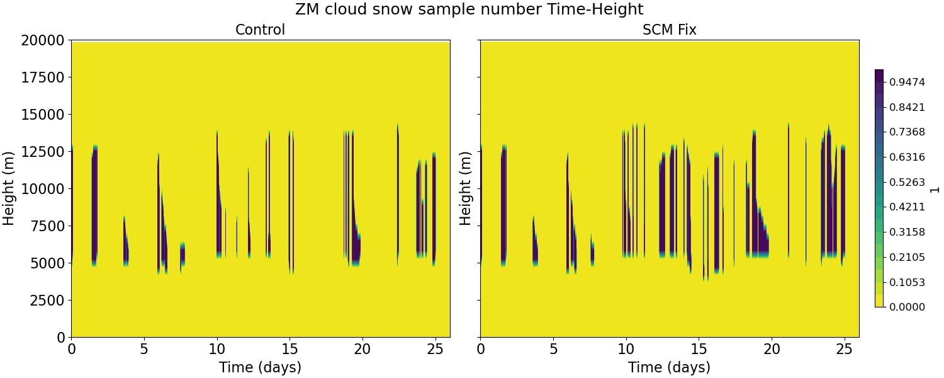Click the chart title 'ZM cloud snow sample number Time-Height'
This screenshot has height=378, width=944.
[x=469, y=9]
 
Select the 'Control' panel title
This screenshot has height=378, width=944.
[x=260, y=30]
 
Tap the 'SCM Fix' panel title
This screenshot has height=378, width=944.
[x=669, y=30]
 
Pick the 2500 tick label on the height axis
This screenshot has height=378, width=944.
[x=47, y=301]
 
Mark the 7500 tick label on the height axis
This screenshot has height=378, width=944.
[x=47, y=226]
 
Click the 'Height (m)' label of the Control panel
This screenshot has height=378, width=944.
[x=9, y=188]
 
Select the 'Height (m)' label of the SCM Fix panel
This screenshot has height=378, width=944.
[x=466, y=188]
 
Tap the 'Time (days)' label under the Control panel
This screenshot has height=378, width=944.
[x=260, y=367]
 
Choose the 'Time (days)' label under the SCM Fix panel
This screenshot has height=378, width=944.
[x=669, y=367]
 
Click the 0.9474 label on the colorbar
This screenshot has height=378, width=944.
[x=907, y=83]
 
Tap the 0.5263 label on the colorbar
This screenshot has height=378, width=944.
[x=907, y=182]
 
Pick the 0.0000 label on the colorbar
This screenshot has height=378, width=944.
[x=907, y=307]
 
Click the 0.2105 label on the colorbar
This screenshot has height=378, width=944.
[x=907, y=257]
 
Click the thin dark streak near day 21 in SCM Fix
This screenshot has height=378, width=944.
[x=789, y=189]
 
